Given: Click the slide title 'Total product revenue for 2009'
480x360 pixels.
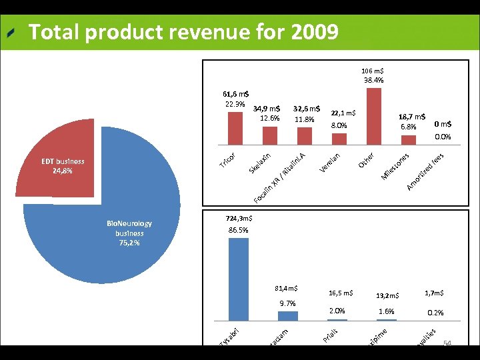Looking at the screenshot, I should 183,31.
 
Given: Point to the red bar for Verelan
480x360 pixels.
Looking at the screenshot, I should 339,138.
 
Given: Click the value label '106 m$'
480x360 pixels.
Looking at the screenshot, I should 372,71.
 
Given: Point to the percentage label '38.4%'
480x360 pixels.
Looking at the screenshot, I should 373,81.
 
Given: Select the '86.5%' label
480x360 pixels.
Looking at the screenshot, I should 238,230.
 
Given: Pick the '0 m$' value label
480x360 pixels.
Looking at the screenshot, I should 442,123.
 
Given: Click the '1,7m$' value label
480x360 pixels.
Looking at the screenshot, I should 434,293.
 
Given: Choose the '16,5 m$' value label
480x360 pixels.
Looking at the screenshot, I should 341,293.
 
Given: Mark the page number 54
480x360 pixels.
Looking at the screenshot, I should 447,343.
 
